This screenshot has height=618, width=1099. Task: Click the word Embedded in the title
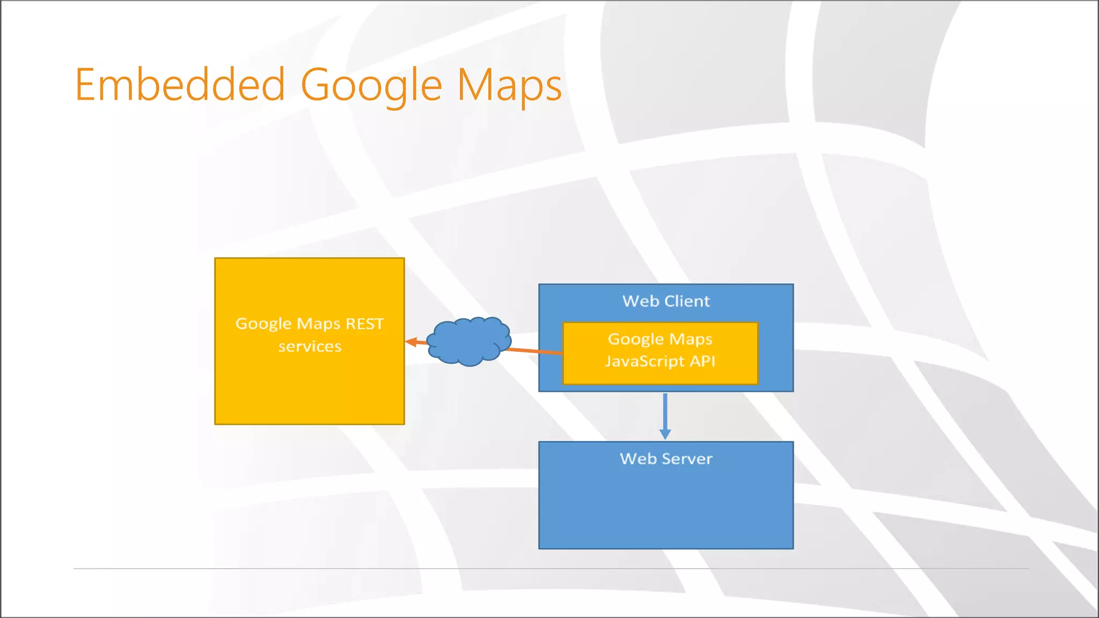pos(180,85)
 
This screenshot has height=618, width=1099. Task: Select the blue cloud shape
pos(469,341)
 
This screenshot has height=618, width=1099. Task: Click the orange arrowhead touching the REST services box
pos(411,342)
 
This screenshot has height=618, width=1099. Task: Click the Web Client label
pos(666,301)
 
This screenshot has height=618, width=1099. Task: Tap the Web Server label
pos(666,459)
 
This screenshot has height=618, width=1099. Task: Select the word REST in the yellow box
pos(364,323)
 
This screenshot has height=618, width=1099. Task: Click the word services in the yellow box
pos(310,347)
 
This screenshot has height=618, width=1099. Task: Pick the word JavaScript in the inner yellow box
pos(644,362)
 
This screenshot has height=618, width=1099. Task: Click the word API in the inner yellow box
pos(702,361)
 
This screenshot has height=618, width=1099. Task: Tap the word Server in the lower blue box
pos(687,459)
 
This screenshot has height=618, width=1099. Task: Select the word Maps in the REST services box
pos(318,323)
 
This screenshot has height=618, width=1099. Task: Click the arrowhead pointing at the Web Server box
pos(665,434)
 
